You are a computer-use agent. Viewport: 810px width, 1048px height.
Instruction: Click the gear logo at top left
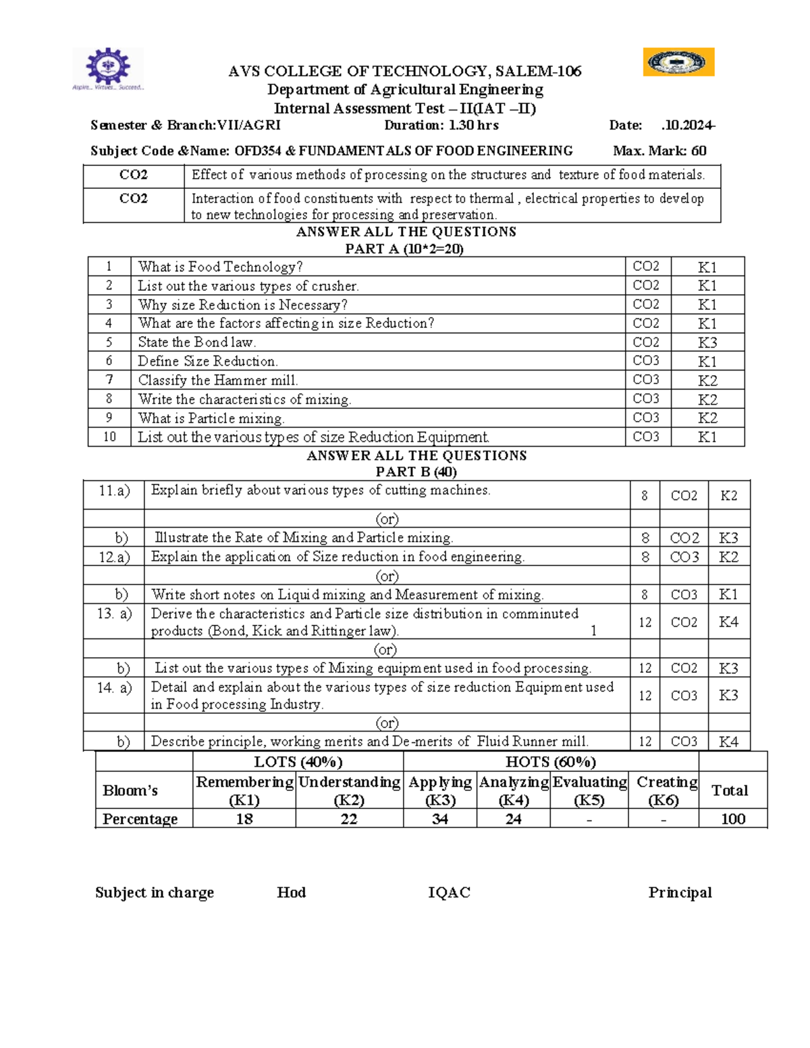108,67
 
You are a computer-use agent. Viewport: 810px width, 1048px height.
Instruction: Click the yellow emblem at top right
678,62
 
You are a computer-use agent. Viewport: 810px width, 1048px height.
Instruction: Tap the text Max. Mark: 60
659,151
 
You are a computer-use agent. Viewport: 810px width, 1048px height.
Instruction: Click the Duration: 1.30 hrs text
441,126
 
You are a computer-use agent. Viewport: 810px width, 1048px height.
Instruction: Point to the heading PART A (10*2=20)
404,249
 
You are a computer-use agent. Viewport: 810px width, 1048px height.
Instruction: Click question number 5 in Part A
109,342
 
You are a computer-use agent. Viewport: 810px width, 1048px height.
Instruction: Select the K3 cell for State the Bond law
707,343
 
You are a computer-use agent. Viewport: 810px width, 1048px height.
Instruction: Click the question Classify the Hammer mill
218,381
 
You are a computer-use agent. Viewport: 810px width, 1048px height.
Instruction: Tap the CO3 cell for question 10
646,437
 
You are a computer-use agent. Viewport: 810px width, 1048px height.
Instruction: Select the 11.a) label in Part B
113,491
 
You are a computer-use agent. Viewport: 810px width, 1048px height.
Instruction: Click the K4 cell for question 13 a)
728,622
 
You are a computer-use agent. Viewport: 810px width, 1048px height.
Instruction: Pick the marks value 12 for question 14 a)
645,696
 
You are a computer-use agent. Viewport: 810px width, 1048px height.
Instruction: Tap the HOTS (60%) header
550,763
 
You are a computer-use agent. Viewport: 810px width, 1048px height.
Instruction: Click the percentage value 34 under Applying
439,819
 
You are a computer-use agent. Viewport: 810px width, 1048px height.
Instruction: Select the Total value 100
732,819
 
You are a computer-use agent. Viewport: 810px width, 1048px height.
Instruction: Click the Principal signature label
680,893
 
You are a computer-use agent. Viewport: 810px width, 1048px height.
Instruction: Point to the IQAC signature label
449,893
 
